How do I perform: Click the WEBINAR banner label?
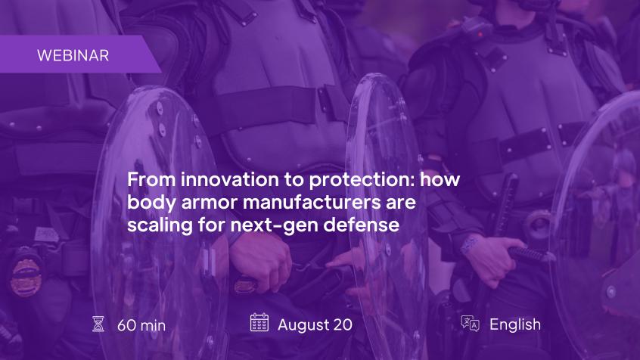[73, 55]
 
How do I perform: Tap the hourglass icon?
[98, 324]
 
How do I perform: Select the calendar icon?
[259, 322]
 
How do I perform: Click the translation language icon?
[471, 324]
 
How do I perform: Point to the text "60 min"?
[141, 325]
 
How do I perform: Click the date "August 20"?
[315, 325]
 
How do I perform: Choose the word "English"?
[515, 325]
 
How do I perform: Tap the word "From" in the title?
[151, 179]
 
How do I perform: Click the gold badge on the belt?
[26, 278]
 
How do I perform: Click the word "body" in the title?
[151, 203]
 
